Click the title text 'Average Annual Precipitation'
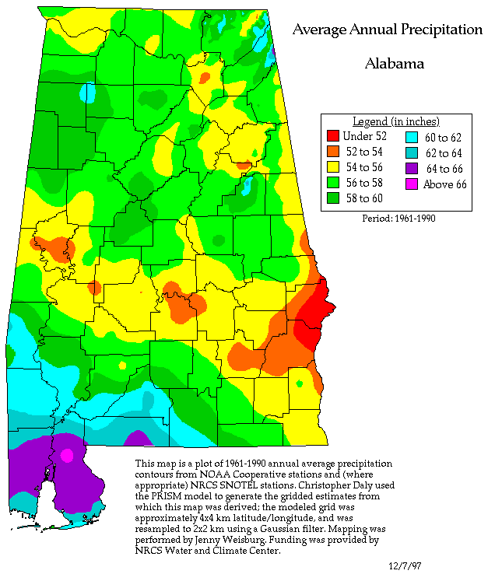[x=387, y=30]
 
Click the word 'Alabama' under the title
[x=394, y=64]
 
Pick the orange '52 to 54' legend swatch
[x=333, y=153]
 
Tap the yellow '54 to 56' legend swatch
[x=333, y=168]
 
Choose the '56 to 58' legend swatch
[x=333, y=183]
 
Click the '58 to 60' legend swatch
[x=333, y=198]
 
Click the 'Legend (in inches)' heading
[x=395, y=121]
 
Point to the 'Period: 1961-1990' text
[x=398, y=219]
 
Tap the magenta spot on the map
[x=67, y=454]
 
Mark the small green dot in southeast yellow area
[x=300, y=383]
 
